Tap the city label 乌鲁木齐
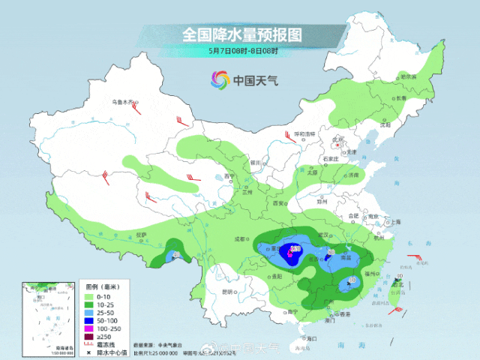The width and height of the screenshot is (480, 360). [123, 101]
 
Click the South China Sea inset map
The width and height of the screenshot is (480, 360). [49, 314]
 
